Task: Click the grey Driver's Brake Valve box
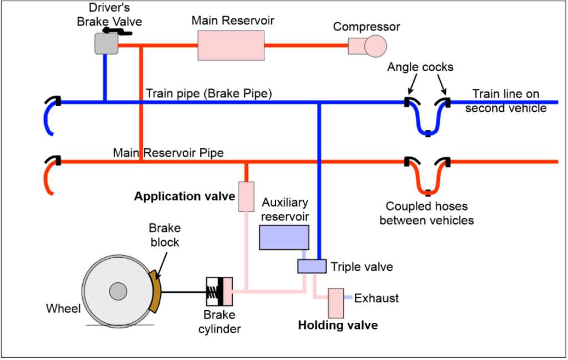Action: coord(107,43)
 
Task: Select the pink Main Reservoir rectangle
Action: coord(230,44)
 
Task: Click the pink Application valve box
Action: coord(246,196)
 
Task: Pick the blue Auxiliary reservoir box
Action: coord(284,237)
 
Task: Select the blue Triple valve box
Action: coord(311,266)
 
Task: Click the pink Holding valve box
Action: coord(336,302)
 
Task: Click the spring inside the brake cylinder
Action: coord(214,291)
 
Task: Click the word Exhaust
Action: coord(376,298)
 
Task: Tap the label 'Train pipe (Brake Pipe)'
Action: coord(208,93)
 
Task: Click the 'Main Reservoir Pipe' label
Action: coord(168,152)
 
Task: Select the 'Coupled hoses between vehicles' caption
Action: coord(426,213)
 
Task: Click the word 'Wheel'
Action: coord(63,308)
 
